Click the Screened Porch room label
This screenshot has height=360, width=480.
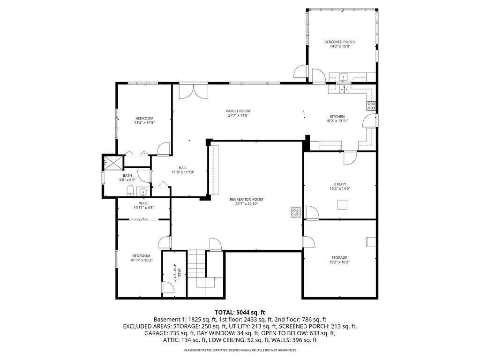pos(340,42)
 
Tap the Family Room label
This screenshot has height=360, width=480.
pos(239,111)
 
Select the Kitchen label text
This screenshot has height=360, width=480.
pos(337,117)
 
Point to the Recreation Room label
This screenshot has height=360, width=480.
pos(243,199)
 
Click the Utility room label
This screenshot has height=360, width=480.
pos(340,184)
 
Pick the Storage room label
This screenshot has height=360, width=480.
pos(339,257)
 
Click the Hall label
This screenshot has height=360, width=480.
pos(183,168)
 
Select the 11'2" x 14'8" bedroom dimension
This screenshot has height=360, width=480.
pos(144,122)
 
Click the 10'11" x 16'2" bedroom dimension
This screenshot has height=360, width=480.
pos(141,260)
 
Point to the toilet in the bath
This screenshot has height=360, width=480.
pos(129,190)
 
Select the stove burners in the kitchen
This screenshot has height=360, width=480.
pos(371,106)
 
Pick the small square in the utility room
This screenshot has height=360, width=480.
pos(343,204)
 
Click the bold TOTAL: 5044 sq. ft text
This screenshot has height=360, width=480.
pos(240,312)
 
